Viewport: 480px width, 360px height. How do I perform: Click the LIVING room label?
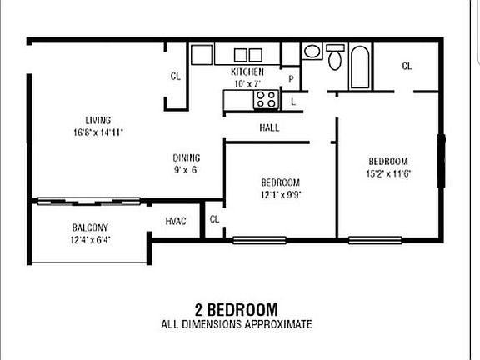[97, 120]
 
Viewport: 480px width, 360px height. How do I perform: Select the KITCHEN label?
[247, 72]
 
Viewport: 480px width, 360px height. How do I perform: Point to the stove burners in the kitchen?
[266, 99]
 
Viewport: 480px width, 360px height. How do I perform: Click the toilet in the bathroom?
[334, 58]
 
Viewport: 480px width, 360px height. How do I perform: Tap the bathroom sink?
[312, 52]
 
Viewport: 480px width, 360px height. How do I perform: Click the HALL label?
[269, 127]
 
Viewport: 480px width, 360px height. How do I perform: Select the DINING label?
[187, 157]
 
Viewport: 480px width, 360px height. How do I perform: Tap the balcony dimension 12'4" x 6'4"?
[91, 239]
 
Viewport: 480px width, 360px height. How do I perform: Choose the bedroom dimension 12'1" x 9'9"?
[280, 194]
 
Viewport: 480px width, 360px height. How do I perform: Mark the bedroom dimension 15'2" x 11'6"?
[389, 173]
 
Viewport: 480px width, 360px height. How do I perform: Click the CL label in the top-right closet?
[407, 67]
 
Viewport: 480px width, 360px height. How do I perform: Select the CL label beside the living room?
[176, 77]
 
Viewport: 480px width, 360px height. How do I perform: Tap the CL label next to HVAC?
[214, 220]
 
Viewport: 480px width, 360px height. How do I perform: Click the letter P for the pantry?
[291, 79]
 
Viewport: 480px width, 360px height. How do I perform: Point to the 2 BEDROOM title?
[237, 309]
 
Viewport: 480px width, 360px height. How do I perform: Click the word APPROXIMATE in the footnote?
[276, 323]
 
